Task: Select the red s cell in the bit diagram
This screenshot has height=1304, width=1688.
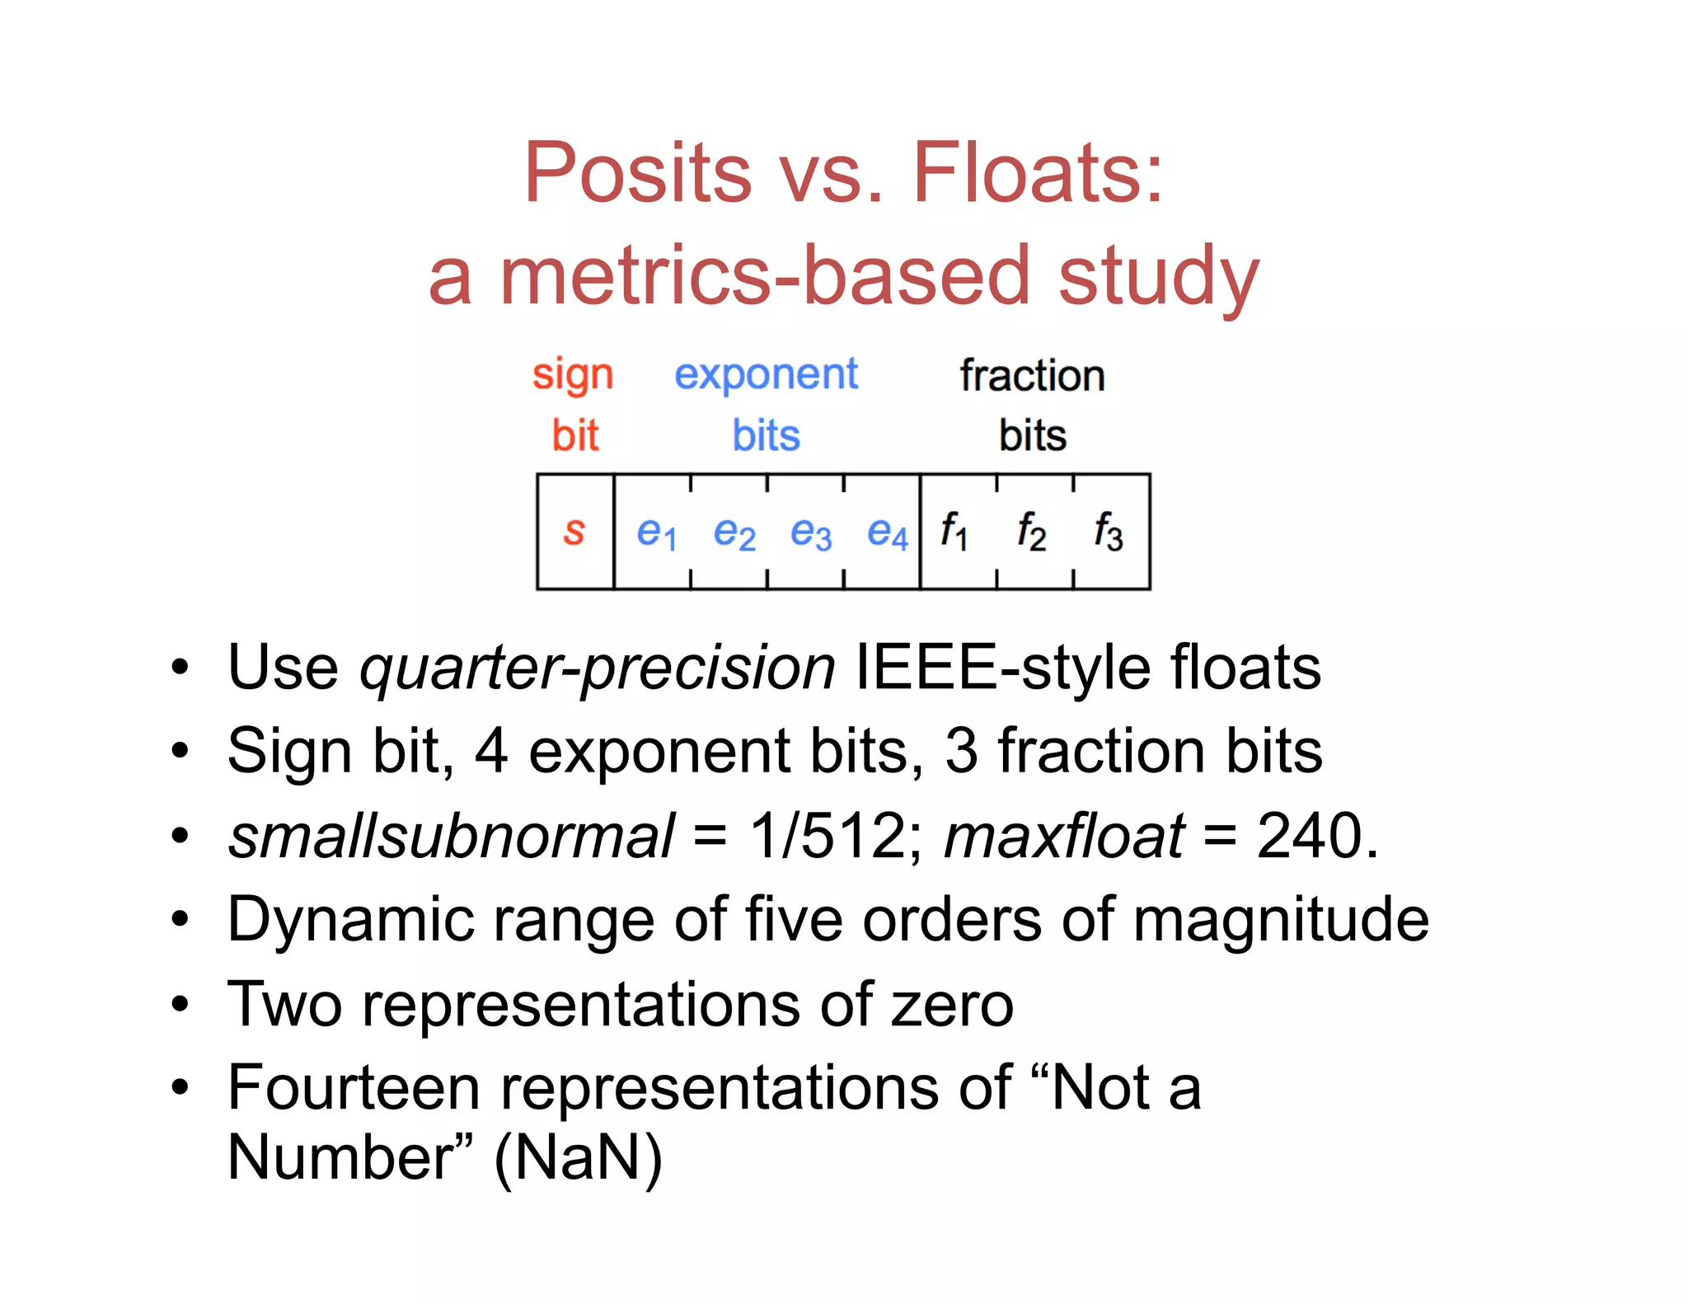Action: [574, 532]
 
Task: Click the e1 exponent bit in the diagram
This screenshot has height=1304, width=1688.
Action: [656, 532]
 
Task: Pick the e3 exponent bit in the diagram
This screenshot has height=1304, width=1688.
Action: [810, 532]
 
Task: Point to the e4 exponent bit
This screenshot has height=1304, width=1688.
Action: [887, 532]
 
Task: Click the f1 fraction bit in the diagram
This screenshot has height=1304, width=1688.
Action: [954, 531]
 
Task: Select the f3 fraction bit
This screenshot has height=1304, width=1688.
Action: [1109, 531]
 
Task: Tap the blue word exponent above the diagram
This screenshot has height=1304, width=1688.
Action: [766, 376]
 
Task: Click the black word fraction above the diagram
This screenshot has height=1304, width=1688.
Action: [1032, 376]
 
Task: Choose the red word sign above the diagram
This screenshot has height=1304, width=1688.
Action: [573, 376]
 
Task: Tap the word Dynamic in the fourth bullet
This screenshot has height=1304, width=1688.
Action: [350, 920]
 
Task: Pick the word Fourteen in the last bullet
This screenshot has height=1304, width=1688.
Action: [354, 1088]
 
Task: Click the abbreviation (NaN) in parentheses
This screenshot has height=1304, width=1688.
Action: [578, 1158]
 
